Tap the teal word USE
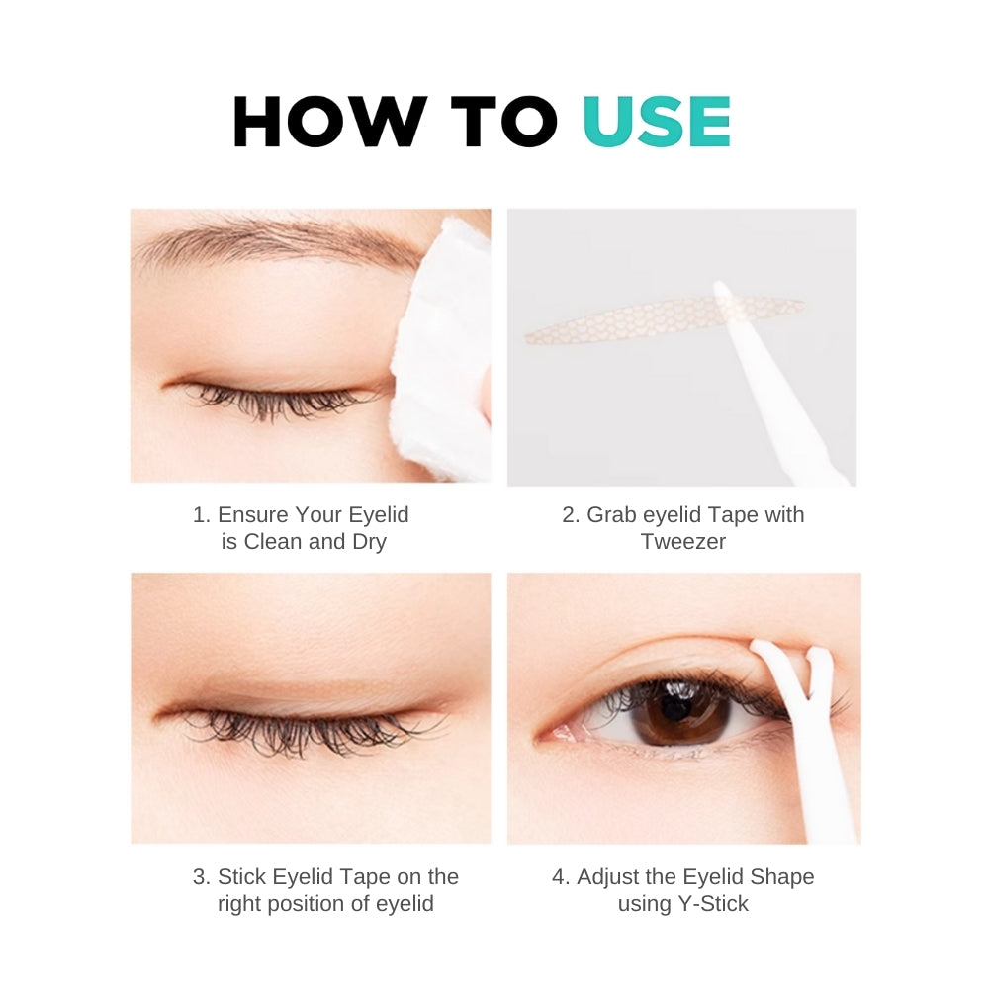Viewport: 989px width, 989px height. pos(657,124)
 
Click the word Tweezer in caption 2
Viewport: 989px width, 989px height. pos(682,541)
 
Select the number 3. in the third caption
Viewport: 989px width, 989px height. pos(201,876)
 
